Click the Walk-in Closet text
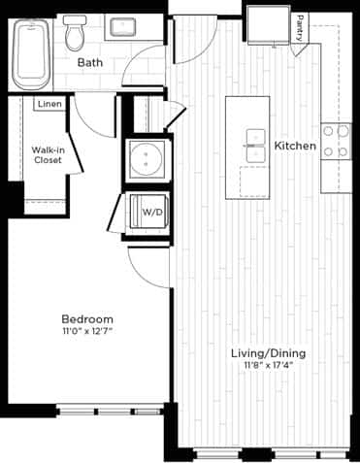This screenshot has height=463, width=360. (48, 156)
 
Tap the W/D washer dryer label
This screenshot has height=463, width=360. (152, 211)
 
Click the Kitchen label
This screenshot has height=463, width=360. (295, 146)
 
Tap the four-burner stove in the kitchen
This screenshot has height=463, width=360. (337, 140)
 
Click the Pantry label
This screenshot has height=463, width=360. (303, 26)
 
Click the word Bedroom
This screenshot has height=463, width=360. (87, 319)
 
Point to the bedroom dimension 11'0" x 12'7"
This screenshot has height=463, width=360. (87, 333)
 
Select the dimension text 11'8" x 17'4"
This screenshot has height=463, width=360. (265, 365)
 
